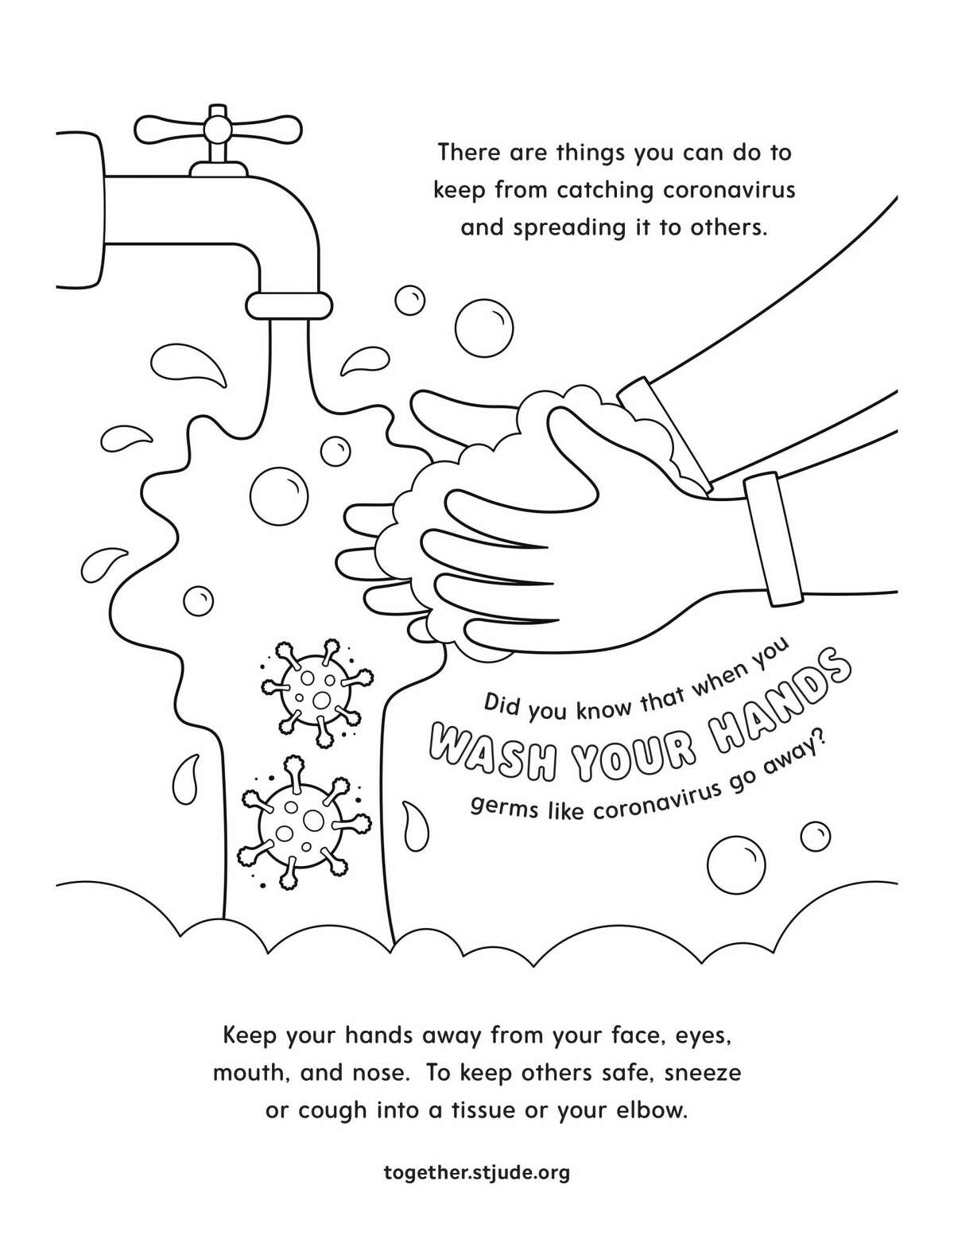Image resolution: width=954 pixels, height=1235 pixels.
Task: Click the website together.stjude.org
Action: click(x=477, y=1172)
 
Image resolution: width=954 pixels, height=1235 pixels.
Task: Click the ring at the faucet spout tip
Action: click(x=289, y=304)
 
